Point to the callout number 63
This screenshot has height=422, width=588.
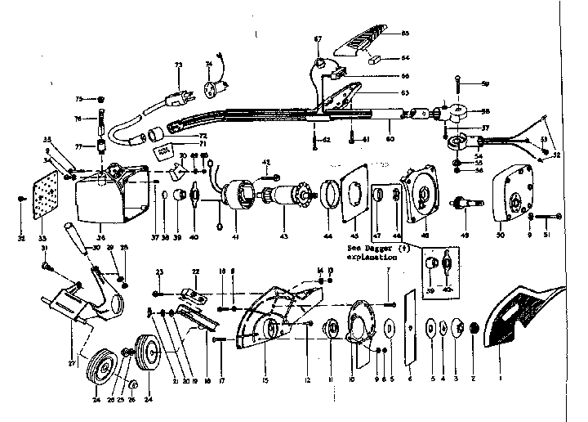[381, 93]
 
